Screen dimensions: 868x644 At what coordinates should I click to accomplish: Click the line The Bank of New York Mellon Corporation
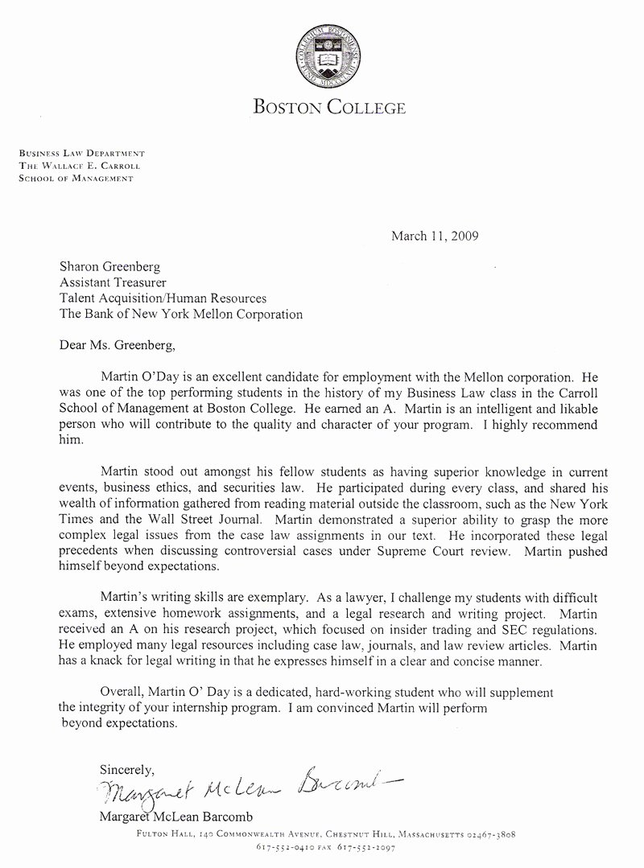(x=181, y=314)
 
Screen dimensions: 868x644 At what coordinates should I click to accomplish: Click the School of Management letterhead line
(x=76, y=178)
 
